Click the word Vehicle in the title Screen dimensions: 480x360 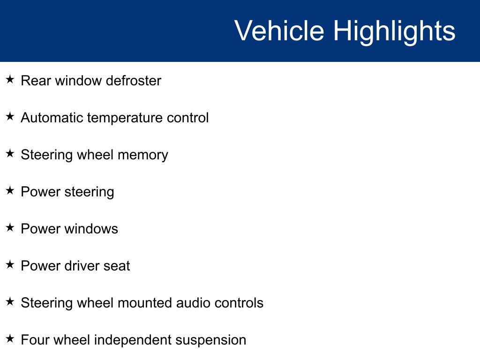(279, 30)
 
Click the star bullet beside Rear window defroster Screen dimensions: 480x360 (10, 79)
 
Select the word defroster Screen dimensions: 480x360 (134, 81)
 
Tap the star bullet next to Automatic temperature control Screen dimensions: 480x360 (10, 116)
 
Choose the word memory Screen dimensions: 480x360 (143, 155)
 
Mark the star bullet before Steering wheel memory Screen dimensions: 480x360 (10, 153)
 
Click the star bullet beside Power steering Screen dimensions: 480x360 (10, 190)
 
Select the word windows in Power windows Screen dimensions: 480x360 (91, 229)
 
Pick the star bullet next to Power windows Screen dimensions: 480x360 (10, 227)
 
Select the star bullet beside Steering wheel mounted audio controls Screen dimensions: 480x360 (10, 301)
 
